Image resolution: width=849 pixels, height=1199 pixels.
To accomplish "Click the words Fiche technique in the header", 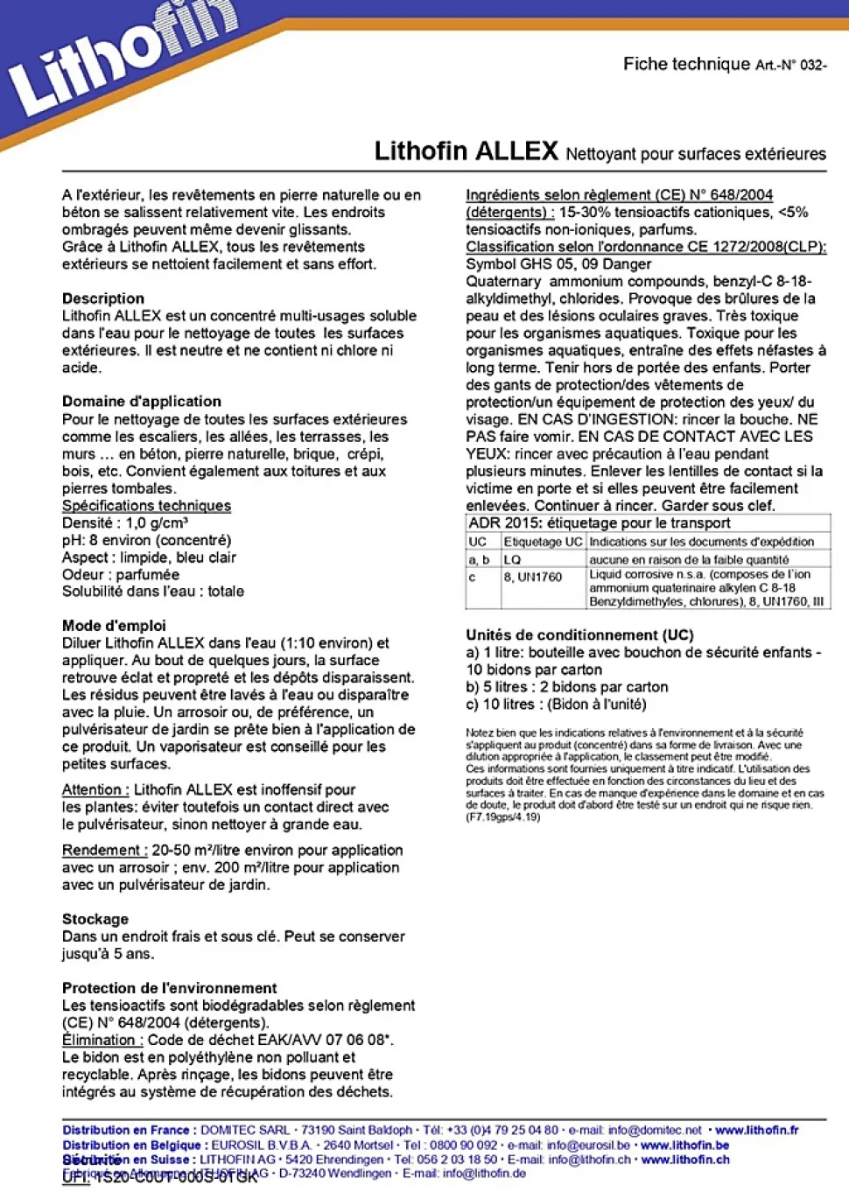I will (x=686, y=64).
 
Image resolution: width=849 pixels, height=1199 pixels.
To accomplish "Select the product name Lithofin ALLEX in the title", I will (x=466, y=151).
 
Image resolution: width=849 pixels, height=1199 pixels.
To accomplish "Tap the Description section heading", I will (x=103, y=298).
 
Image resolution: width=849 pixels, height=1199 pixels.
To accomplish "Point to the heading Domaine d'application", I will (x=142, y=402).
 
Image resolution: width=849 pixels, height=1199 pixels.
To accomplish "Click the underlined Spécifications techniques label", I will (x=146, y=506).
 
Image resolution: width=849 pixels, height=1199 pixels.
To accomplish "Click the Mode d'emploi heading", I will (x=114, y=626).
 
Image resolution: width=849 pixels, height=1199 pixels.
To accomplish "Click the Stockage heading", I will (x=95, y=919).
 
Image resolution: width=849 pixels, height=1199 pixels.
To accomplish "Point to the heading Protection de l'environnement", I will (x=169, y=988).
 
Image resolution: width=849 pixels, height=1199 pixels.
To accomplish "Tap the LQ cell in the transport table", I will (x=513, y=559).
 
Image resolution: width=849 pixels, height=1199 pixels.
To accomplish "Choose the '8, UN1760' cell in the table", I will (x=533, y=577).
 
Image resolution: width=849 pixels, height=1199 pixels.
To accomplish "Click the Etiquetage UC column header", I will (x=543, y=542).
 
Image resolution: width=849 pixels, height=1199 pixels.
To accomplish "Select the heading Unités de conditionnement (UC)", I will (x=579, y=635).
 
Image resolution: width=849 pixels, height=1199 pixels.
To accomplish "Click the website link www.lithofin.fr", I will (x=757, y=1130).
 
